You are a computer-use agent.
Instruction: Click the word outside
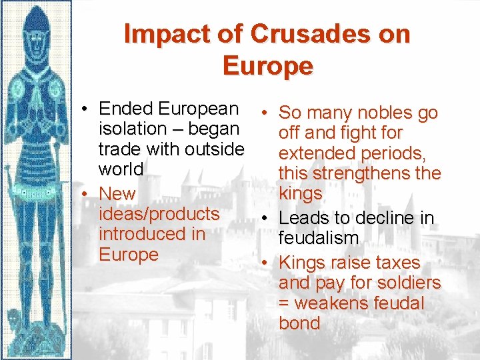pos(212,149)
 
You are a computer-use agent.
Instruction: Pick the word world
pos(121,169)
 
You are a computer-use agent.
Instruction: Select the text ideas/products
pos(159,214)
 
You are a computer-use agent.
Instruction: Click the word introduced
pos(143,234)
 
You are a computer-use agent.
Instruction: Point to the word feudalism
pos(319,238)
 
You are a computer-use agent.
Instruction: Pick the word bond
pos(299,323)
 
